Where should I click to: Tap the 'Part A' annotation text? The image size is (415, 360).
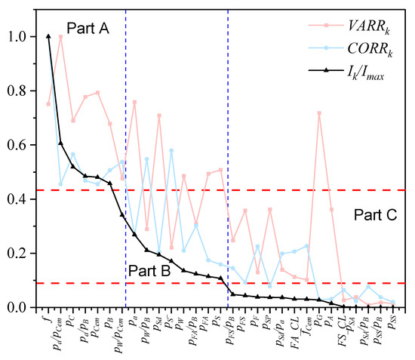click(x=88, y=29)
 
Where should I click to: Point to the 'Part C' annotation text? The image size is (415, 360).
click(x=376, y=214)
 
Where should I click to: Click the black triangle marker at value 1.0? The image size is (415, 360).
click(x=48, y=36)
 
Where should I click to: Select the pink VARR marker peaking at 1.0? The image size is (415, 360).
click(x=61, y=36)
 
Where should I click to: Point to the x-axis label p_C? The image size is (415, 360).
click(x=72, y=322)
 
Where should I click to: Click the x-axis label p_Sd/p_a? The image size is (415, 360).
click(x=278, y=329)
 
